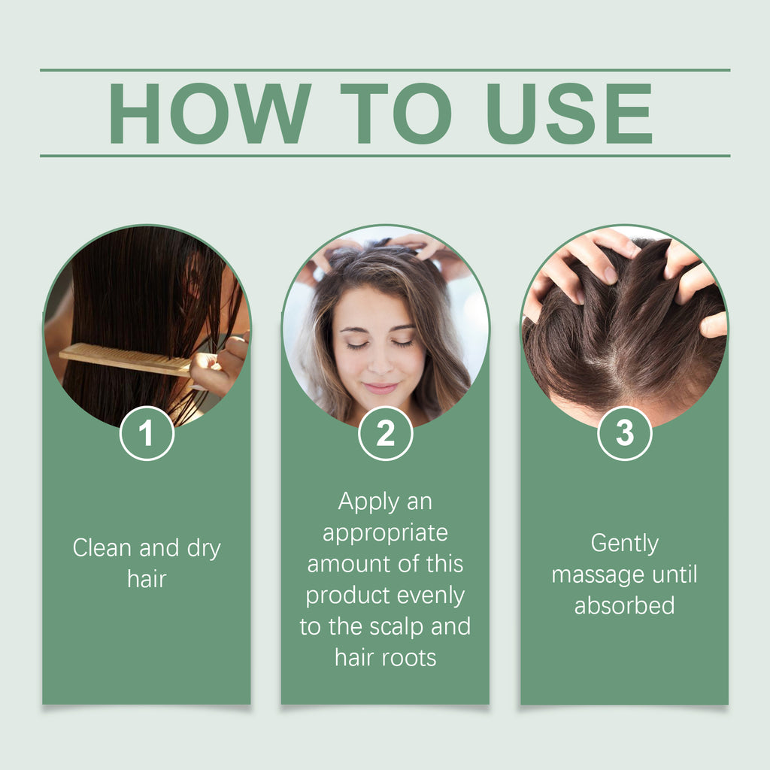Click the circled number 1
tap(147, 433)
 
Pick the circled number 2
tap(385, 433)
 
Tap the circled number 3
tap(624, 433)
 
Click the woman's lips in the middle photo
tap(381, 388)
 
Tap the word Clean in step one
tap(103, 548)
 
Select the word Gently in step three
tap(624, 543)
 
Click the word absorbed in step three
tap(624, 605)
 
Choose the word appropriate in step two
tap(385, 532)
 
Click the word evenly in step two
tap(431, 596)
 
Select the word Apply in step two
tap(364, 501)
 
